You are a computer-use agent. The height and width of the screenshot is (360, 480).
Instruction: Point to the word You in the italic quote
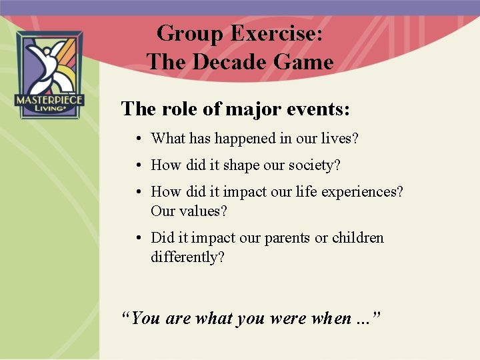pyautogui.click(x=146, y=318)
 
